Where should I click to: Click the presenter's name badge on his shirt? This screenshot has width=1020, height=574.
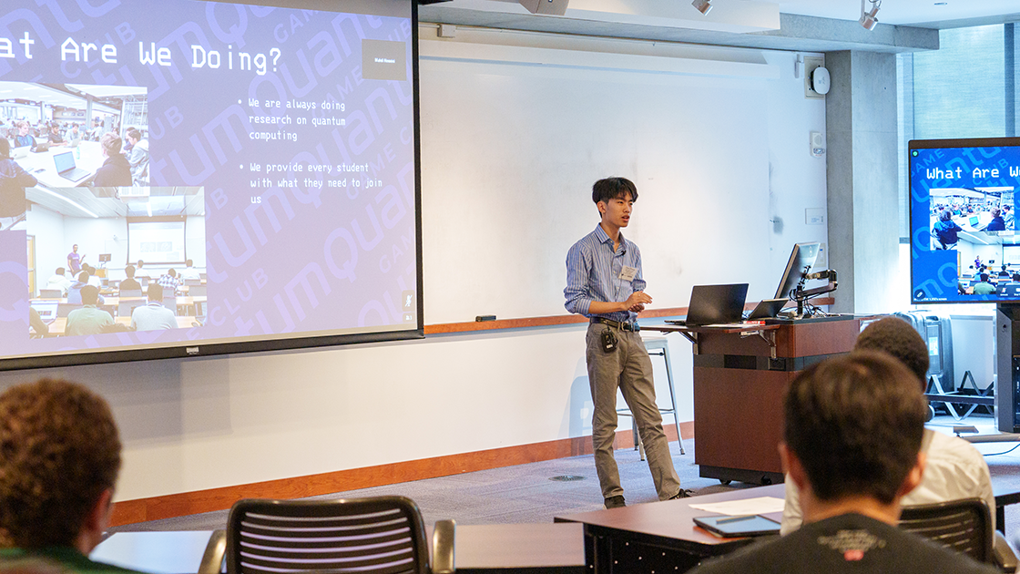pos(627,272)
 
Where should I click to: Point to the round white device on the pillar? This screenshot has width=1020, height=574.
pos(820,80)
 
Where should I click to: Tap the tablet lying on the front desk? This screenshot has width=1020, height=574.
pos(737,525)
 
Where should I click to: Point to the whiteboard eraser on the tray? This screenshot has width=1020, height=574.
pos(485,318)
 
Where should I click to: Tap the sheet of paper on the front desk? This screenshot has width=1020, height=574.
pos(739,506)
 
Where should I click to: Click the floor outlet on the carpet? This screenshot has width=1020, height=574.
pos(567,477)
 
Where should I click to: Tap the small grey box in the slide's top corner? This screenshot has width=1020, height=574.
pos(382,59)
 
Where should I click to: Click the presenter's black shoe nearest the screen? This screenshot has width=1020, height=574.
pos(616,501)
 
